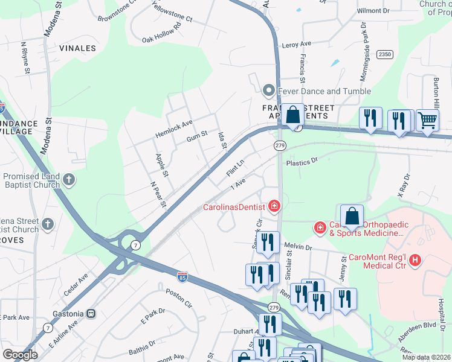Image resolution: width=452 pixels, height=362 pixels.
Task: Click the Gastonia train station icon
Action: pos(91,313)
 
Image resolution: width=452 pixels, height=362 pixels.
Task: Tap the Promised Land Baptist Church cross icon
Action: pos(69,179)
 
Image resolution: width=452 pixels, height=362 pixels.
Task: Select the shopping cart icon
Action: pos(427,119)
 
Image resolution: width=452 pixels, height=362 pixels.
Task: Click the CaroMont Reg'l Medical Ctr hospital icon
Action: pos(415,260)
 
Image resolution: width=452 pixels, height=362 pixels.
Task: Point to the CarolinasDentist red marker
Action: pos(274,207)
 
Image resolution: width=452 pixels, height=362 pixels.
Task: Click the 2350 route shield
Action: pos(384,54)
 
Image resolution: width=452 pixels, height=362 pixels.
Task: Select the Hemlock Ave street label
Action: pos(173,123)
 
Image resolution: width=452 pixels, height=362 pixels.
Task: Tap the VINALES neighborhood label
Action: pos(77,48)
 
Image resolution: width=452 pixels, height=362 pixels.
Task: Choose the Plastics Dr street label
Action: pos(302,162)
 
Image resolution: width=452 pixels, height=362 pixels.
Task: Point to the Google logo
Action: pos(20,355)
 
